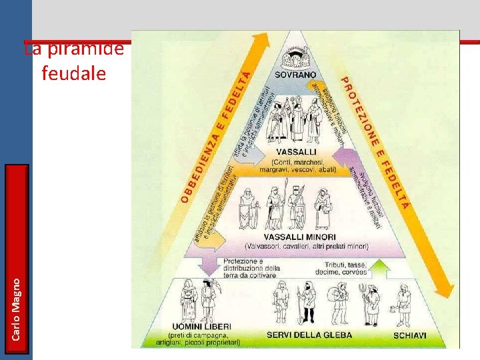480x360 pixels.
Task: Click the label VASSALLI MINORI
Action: [x=299, y=237]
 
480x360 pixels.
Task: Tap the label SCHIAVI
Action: [x=409, y=335]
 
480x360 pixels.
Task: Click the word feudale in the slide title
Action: [x=73, y=73]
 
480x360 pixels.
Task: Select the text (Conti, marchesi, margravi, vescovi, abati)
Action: [x=297, y=166]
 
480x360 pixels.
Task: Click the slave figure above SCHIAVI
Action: [x=402, y=304]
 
